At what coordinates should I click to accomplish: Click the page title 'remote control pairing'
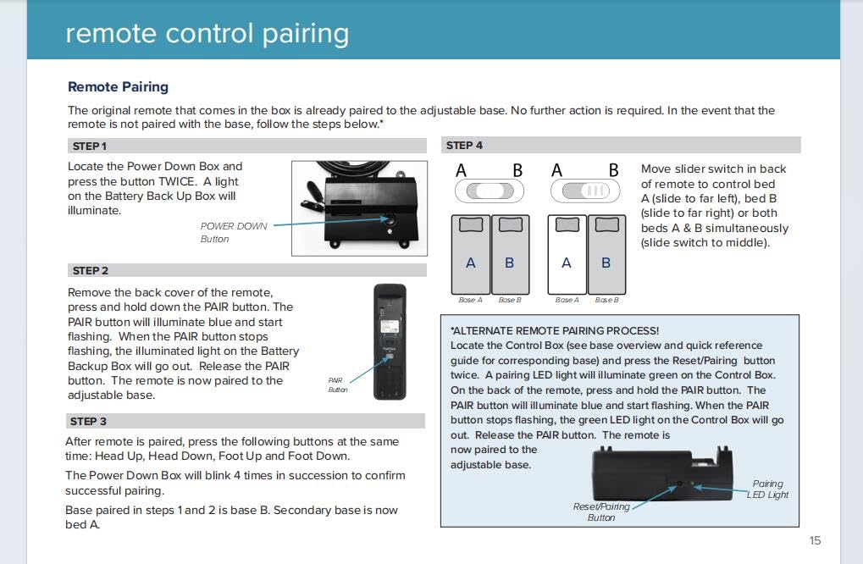[x=207, y=33]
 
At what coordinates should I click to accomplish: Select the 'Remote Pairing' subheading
[x=118, y=86]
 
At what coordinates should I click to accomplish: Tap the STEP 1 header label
[x=89, y=146]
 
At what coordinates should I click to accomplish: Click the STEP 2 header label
[x=90, y=271]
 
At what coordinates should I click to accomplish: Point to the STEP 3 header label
[x=88, y=421]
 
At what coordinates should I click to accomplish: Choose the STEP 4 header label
[x=464, y=145]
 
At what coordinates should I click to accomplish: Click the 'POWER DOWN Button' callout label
[x=233, y=232]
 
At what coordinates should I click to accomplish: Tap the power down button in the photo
[x=390, y=220]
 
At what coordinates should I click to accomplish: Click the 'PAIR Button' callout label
[x=337, y=385]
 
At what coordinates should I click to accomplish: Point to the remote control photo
[x=390, y=341]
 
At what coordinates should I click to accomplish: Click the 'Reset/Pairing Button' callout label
[x=601, y=511]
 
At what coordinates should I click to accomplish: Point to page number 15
[x=815, y=540]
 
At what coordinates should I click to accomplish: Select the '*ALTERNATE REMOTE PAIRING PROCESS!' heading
[x=555, y=330]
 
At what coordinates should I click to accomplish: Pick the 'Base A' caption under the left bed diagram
[x=470, y=300]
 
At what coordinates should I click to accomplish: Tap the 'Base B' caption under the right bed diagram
[x=606, y=300]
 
